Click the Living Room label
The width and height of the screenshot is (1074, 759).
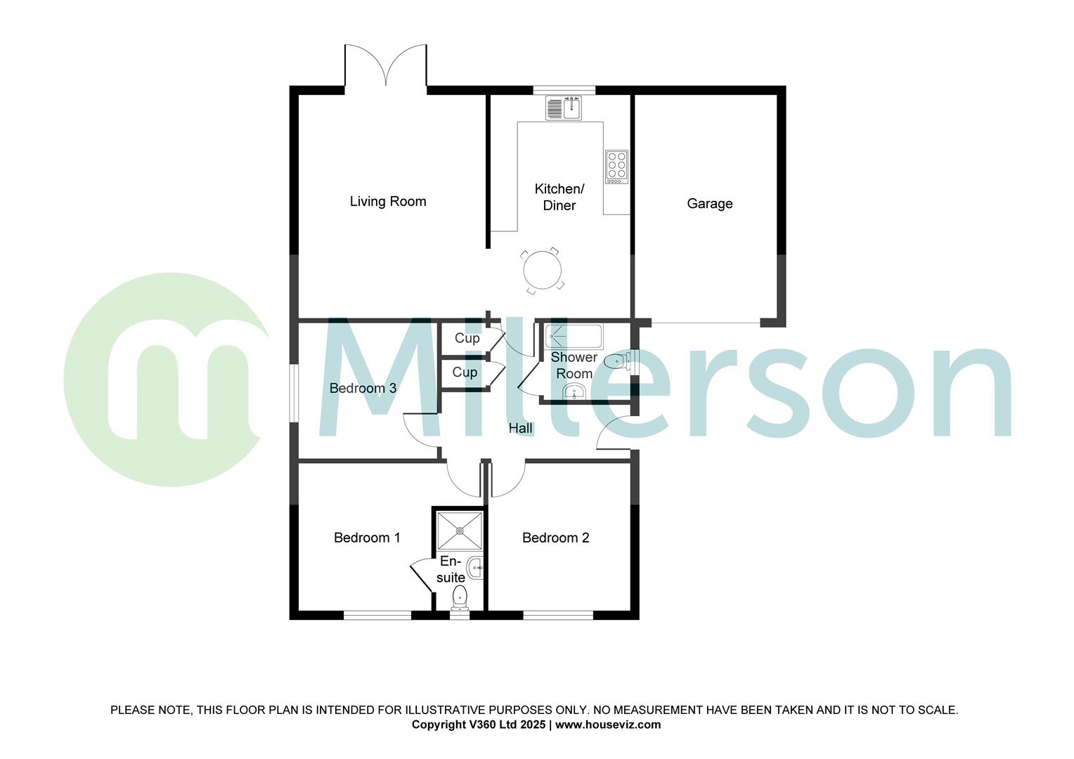tap(388, 202)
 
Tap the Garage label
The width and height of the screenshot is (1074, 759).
tap(709, 204)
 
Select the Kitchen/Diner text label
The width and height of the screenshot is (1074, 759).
tap(559, 197)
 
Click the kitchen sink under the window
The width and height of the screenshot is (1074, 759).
tap(564, 108)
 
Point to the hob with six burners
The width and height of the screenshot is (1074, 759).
tap(616, 167)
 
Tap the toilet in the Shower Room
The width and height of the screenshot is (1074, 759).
tap(618, 362)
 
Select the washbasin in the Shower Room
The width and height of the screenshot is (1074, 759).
tap(574, 391)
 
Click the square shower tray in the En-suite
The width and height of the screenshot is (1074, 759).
tap(460, 531)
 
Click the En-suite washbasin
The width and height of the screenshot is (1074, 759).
tap(476, 567)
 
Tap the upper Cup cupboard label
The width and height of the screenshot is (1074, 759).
tap(467, 338)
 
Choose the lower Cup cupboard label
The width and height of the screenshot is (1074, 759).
tap(465, 372)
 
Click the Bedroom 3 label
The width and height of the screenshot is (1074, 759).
tap(363, 388)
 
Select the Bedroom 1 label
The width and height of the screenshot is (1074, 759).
tap(367, 538)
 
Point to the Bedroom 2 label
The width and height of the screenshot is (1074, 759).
tap(555, 538)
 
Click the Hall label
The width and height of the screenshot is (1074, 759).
tap(520, 428)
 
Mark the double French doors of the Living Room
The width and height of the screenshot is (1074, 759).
tap(385, 67)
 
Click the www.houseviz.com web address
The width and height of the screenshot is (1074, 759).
tap(608, 725)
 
